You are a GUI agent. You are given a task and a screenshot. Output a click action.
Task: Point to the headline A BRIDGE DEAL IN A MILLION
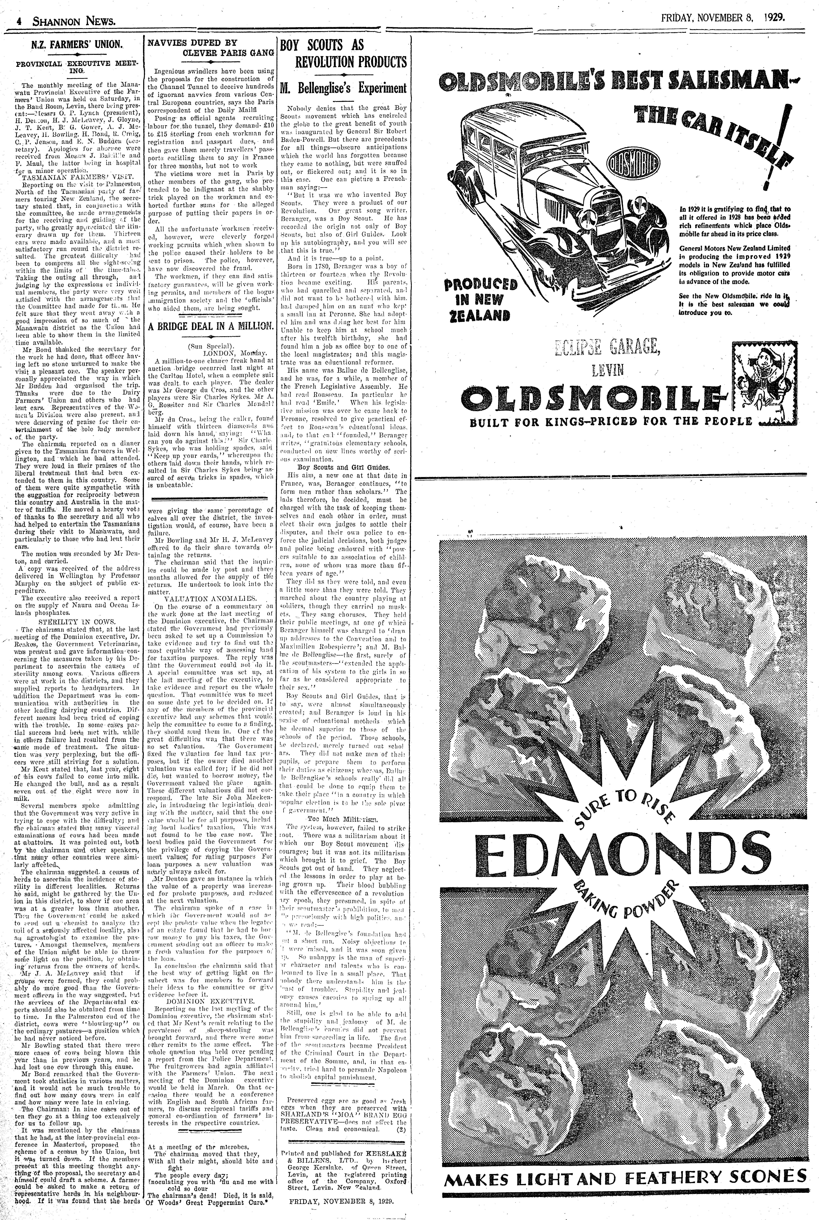(x=210, y=326)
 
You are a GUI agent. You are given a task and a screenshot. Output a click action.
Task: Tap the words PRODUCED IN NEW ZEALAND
(x=481, y=300)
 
